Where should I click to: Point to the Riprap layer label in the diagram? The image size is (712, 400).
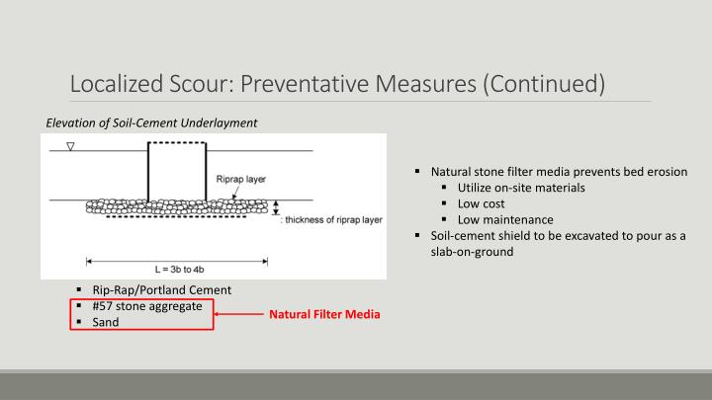click(239, 179)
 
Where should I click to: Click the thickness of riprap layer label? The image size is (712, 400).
click(333, 219)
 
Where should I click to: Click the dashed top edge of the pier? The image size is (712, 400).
click(176, 143)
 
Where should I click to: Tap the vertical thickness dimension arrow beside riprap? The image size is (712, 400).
click(276, 208)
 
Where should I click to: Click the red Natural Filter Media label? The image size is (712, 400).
click(324, 315)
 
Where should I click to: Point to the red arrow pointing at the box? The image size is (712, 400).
click(237, 314)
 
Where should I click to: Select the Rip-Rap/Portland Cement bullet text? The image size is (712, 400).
click(161, 290)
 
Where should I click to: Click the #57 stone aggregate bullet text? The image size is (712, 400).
click(147, 306)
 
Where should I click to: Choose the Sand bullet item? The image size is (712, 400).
click(105, 322)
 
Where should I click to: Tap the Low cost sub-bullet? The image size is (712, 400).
click(480, 203)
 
